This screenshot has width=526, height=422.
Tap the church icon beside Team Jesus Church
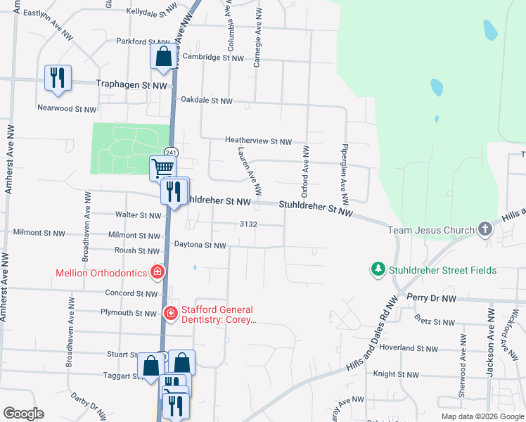coord(485,229)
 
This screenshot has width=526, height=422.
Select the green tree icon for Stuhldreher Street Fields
coord(378,269)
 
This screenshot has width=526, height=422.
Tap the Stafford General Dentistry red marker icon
coord(169,314)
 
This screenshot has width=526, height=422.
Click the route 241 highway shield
coord(171,152)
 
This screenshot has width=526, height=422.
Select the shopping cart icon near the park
coord(162,168)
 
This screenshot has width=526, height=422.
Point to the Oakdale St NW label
coord(206,101)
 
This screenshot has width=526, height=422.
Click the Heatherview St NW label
coord(258,141)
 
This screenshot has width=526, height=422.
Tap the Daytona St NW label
coord(200,245)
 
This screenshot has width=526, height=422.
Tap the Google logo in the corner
coord(23,414)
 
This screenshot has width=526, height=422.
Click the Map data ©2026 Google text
coord(482,416)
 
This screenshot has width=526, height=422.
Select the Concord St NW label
coord(131,293)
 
